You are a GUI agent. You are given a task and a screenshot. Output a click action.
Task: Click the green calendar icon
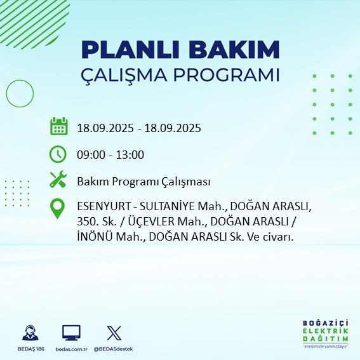point(58,126)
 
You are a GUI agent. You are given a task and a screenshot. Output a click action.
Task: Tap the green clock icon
point(58,154)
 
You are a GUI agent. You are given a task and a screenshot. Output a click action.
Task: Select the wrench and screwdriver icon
point(58,180)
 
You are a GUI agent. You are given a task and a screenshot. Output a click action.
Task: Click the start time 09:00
point(91,154)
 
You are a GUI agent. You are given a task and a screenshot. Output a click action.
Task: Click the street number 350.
point(86,222)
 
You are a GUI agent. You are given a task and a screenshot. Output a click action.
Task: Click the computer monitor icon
point(71,332)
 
